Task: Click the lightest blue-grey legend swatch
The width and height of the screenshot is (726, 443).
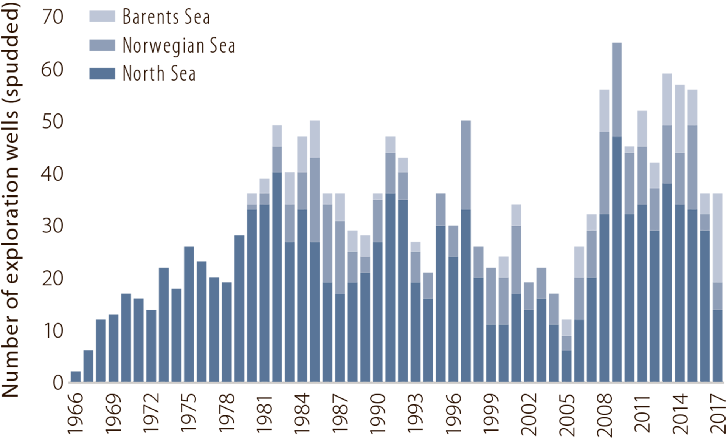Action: (x=98, y=17)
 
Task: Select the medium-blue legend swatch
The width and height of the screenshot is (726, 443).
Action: (x=95, y=45)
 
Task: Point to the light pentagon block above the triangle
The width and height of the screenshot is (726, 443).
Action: (x=567, y=102)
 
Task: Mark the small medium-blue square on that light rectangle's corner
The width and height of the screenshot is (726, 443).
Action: (x=264, y=199)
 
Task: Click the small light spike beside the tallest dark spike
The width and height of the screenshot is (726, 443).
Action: (x=655, y=172)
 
